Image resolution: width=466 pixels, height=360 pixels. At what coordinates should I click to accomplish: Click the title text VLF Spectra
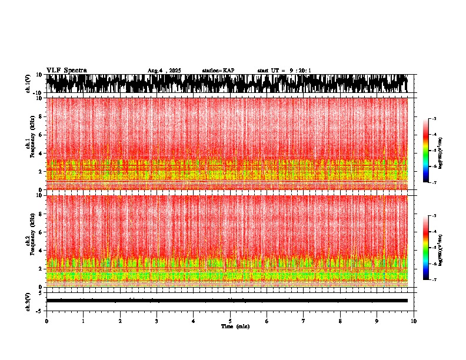(66, 70)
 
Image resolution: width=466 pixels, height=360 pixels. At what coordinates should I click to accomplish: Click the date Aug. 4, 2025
(164, 71)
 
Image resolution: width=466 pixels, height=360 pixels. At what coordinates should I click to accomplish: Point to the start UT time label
(284, 71)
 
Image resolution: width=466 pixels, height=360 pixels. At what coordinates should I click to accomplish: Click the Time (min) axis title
(235, 326)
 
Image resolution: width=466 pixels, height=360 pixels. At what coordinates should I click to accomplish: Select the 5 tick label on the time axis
(230, 321)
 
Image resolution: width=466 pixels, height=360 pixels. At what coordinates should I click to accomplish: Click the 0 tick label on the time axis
(46, 321)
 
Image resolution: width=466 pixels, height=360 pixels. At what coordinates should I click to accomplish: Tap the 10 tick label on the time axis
(414, 321)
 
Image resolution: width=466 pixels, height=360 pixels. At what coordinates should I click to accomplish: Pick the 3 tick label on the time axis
(157, 321)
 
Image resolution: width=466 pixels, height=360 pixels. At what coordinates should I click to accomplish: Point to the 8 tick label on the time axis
(340, 321)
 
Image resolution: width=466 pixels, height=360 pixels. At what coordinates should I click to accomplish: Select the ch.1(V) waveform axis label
(28, 84)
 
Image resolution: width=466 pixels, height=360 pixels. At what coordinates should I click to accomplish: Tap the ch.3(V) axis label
(28, 301)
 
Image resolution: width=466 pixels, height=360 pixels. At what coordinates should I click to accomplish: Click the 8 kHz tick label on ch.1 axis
(40, 116)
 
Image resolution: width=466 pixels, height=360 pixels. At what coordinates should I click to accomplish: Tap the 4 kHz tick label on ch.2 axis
(40, 251)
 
